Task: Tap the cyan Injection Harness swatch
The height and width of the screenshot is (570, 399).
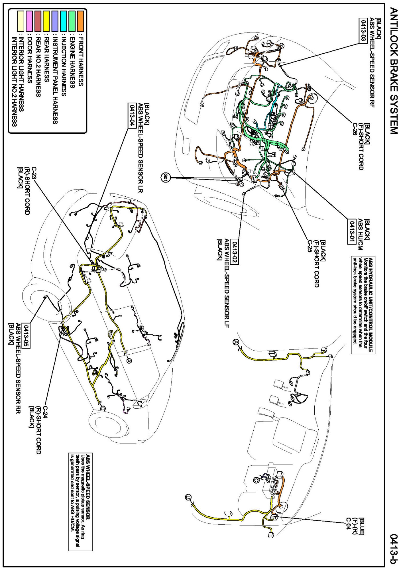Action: [64, 21]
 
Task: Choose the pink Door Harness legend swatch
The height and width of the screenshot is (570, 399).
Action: [29, 21]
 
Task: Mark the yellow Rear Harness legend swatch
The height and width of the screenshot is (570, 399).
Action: [46, 21]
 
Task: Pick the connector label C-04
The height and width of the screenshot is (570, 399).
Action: [348, 524]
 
